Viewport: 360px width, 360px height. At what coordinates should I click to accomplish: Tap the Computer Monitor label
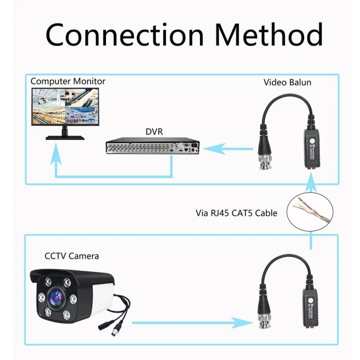tap(68, 81)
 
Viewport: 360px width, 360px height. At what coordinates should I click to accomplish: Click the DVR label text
tap(154, 131)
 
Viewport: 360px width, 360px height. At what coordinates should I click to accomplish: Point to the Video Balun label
tap(287, 82)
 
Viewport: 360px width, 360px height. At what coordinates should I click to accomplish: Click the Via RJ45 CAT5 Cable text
tap(236, 212)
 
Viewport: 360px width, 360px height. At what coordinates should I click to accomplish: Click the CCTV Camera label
tap(72, 256)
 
